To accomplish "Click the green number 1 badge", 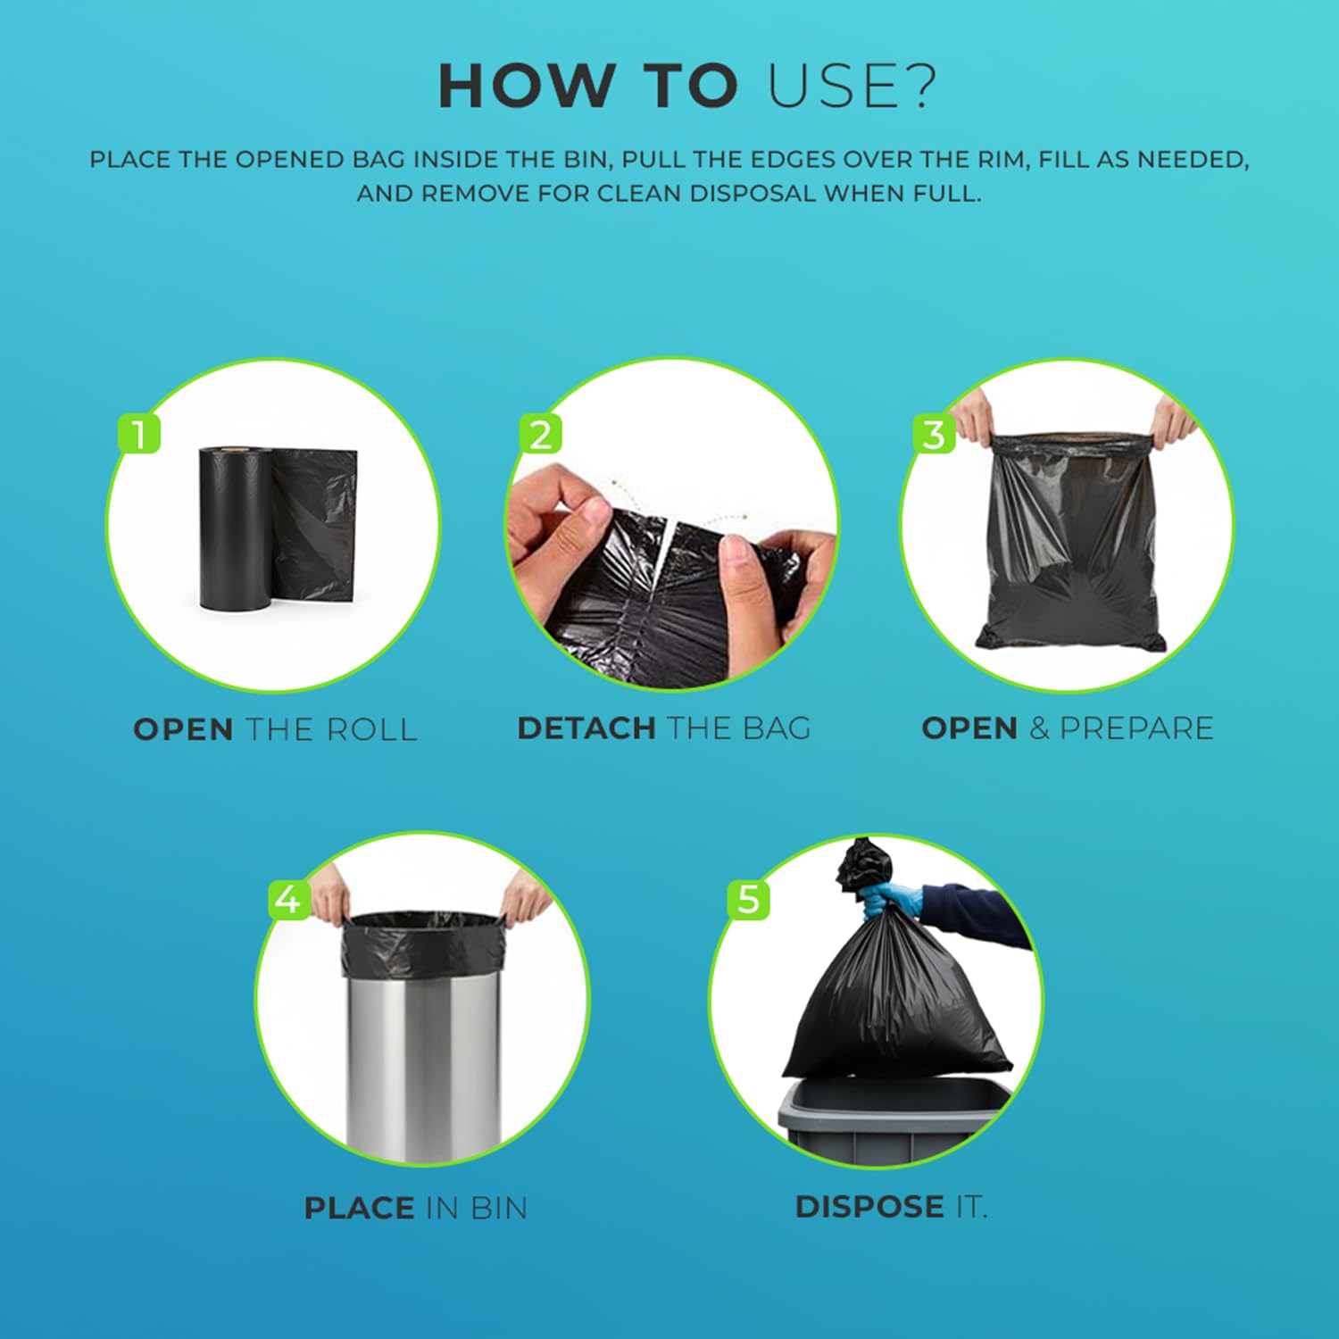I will (x=138, y=434).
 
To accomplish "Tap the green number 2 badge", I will (x=541, y=434).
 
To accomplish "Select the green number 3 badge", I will (x=934, y=435).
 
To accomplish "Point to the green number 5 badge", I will (x=748, y=899).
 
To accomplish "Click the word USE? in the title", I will (x=852, y=87).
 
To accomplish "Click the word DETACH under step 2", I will (x=586, y=728).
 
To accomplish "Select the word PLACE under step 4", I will (x=359, y=1208).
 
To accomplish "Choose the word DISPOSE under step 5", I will (x=869, y=1207).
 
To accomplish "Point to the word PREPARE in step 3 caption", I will (x=1136, y=728).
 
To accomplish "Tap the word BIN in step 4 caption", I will (x=498, y=1208).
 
